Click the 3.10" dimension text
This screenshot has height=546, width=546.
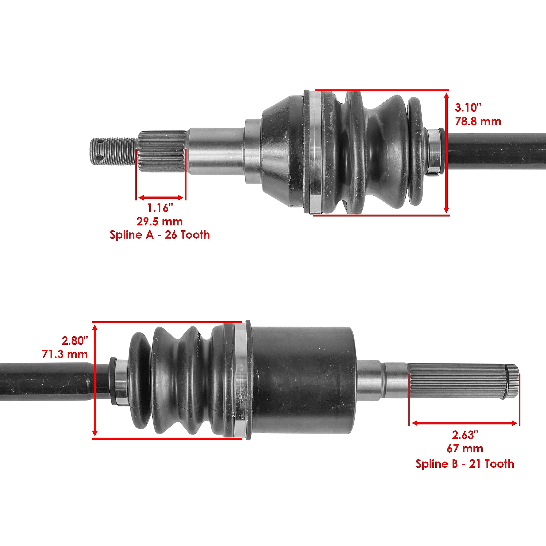click(x=468, y=108)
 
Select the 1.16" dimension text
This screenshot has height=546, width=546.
click(x=160, y=208)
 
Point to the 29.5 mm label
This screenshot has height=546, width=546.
click(x=160, y=222)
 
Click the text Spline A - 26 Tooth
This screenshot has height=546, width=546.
click(x=160, y=235)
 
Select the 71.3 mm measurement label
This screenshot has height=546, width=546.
click(x=65, y=354)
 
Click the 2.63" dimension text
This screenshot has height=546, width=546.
click(x=465, y=435)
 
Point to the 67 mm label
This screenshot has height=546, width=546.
click(x=465, y=449)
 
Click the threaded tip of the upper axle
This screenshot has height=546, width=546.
click(x=113, y=151)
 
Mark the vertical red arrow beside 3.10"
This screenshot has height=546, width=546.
click(x=446, y=153)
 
